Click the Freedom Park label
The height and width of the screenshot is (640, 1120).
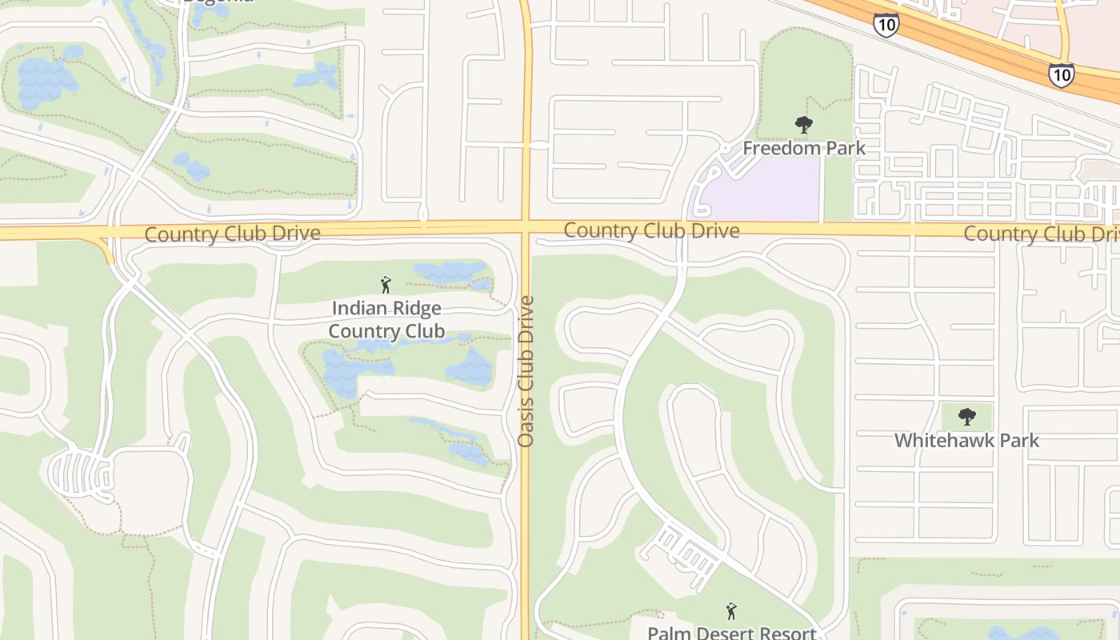[x=804, y=148]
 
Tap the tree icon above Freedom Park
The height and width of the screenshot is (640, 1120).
[x=804, y=125]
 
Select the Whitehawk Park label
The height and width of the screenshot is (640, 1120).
[x=966, y=440]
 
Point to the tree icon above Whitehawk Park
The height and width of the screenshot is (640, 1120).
[x=967, y=417]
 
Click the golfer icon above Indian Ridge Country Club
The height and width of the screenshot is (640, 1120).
[x=386, y=285]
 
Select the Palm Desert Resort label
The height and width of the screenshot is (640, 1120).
[x=730, y=632]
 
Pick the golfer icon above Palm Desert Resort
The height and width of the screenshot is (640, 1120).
[x=730, y=612]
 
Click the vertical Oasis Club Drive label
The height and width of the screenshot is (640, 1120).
[x=526, y=371]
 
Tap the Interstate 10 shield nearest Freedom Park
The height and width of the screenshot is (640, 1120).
[x=886, y=25]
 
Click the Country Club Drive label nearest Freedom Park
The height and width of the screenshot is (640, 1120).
[x=651, y=231]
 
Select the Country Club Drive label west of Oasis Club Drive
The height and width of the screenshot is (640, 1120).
[x=233, y=234]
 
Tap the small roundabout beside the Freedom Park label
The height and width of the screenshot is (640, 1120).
[x=725, y=149]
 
